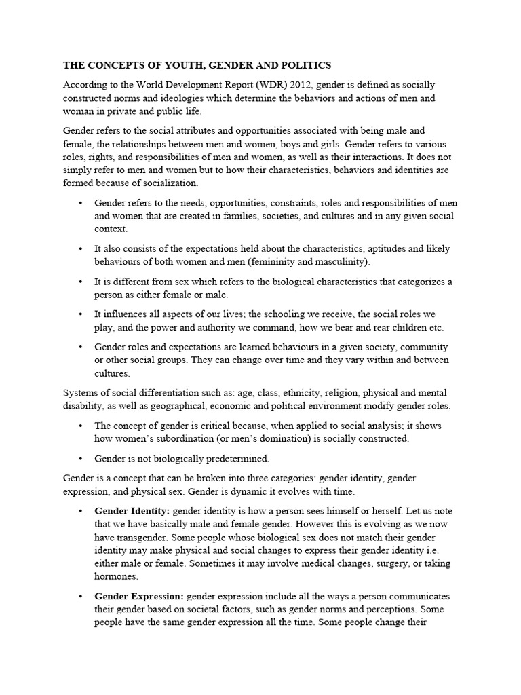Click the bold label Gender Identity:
pos(132,510)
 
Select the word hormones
pos(115,576)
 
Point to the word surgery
pos(376,563)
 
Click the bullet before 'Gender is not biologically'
pos(80,458)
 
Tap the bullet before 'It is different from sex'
pos(80,282)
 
